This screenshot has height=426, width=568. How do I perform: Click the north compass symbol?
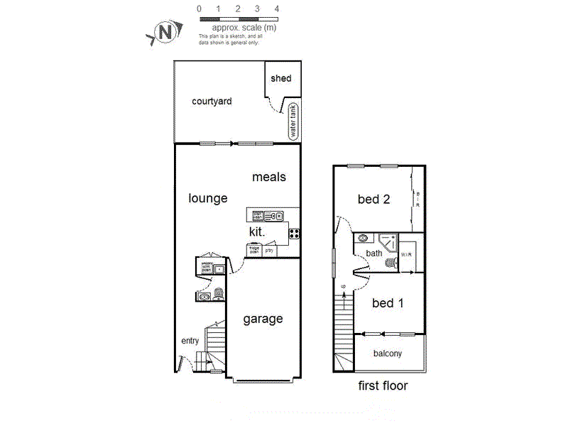165,32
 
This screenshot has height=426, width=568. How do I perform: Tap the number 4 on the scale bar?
277,9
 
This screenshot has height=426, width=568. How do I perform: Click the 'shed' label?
282,78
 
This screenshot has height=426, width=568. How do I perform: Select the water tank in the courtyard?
293,121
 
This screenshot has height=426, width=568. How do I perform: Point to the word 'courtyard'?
212,102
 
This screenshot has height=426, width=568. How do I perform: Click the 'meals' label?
269,177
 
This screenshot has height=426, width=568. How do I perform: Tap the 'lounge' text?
207,198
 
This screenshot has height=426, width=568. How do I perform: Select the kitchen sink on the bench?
273,215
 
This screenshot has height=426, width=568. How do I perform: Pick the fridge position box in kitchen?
253,249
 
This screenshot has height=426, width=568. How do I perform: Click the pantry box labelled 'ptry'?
270,250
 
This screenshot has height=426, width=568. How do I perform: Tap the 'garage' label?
263,319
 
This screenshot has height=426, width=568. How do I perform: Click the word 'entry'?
190,341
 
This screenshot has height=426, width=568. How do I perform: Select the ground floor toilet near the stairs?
218,294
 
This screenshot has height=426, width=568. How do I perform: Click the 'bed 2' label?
373,200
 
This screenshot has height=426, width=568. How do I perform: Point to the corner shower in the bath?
389,242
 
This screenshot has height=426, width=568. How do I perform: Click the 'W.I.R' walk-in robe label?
407,254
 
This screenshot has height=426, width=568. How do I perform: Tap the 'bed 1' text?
388,303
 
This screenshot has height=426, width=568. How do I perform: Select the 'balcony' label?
388,353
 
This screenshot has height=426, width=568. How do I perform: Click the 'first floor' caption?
383,386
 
